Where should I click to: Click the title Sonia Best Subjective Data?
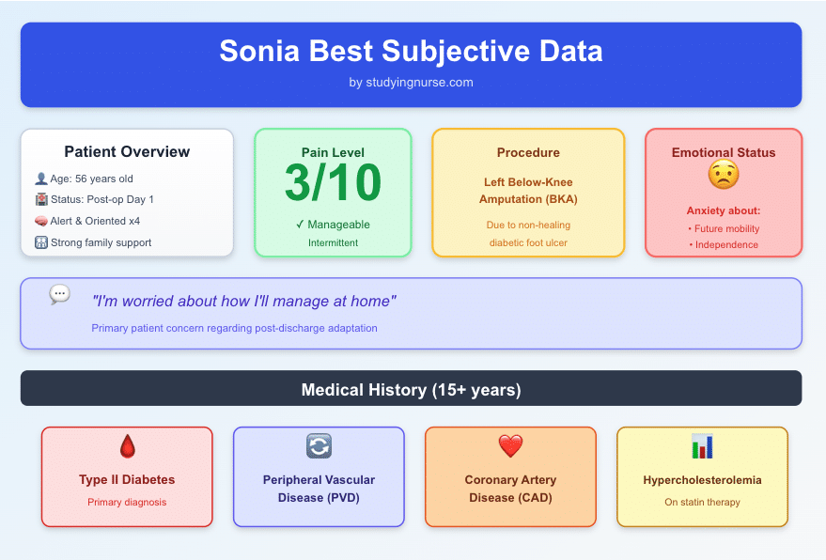pyautogui.click(x=411, y=51)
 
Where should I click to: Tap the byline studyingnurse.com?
pyautogui.click(x=411, y=83)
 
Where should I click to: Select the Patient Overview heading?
pyautogui.click(x=127, y=151)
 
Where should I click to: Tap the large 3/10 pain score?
pyautogui.click(x=333, y=184)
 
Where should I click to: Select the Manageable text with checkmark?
pyautogui.click(x=333, y=225)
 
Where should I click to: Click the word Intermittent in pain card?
pyautogui.click(x=333, y=243)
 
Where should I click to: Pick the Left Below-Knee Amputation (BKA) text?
pyautogui.click(x=528, y=191)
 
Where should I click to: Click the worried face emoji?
pyautogui.click(x=723, y=175)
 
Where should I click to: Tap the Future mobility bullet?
pyautogui.click(x=723, y=228)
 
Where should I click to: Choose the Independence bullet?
pyautogui.click(x=723, y=245)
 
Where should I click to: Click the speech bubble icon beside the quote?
pyautogui.click(x=59, y=294)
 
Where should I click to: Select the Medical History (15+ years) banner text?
pyautogui.click(x=411, y=389)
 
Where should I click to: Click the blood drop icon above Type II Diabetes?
pyautogui.click(x=127, y=446)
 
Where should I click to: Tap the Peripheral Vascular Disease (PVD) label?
pyautogui.click(x=319, y=489)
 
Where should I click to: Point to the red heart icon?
pyautogui.click(x=510, y=446)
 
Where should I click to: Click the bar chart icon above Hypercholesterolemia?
pyautogui.click(x=702, y=446)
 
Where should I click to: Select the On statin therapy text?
pyautogui.click(x=702, y=502)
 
